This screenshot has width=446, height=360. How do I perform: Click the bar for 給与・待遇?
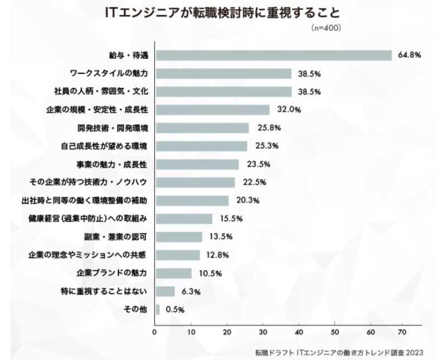pyautogui.click(x=274, y=55)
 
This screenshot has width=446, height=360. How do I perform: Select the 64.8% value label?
pyautogui.click(x=409, y=55)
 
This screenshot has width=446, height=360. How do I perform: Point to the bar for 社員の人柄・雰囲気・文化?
pyautogui.click(x=224, y=91)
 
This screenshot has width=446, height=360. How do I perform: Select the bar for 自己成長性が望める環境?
pyautogui.click(x=201, y=146)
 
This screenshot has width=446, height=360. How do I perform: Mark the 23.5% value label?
pyautogui.click(x=255, y=164)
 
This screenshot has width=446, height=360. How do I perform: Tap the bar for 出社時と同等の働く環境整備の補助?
pyautogui.click(x=192, y=201)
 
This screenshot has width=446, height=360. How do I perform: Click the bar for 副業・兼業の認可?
pyautogui.click(x=179, y=237)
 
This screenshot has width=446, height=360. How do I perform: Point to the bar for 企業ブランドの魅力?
pyautogui.click(x=173, y=273)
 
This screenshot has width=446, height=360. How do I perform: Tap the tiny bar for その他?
pyautogui.click(x=158, y=309)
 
